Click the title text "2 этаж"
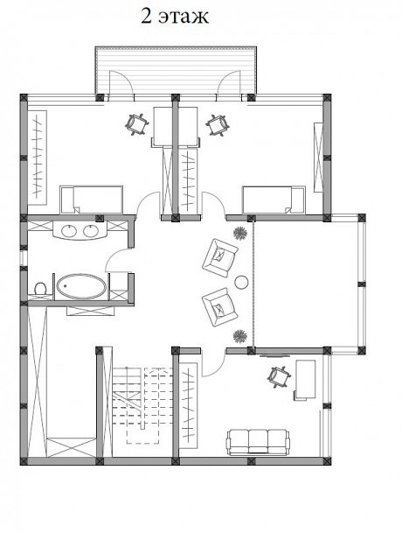[x=175, y=17]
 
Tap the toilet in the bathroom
[x=40, y=289]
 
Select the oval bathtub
[x=81, y=286]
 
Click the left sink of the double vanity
[x=70, y=231]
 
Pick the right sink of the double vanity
[x=92, y=231]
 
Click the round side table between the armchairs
[x=241, y=282]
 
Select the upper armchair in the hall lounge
[x=220, y=257]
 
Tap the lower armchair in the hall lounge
[x=220, y=307]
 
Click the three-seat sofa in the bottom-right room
[x=258, y=442]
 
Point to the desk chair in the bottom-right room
[x=279, y=376]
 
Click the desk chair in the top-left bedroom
[x=137, y=125]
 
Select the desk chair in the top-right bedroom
[x=218, y=125]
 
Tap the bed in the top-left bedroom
[x=92, y=200]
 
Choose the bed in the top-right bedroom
[x=274, y=200]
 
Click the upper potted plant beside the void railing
[x=240, y=234]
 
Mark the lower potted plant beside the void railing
[x=240, y=336]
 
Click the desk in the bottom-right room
[x=305, y=380]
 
